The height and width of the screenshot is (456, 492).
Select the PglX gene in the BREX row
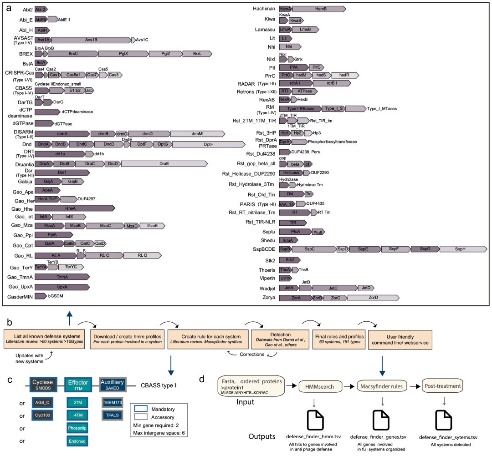pos(123,54)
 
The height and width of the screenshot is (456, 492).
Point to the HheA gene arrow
pos(75,208)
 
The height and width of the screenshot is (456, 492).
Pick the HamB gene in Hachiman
pos(319,9)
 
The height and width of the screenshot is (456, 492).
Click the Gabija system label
pos(23,182)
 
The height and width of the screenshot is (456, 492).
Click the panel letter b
pos(10,323)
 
